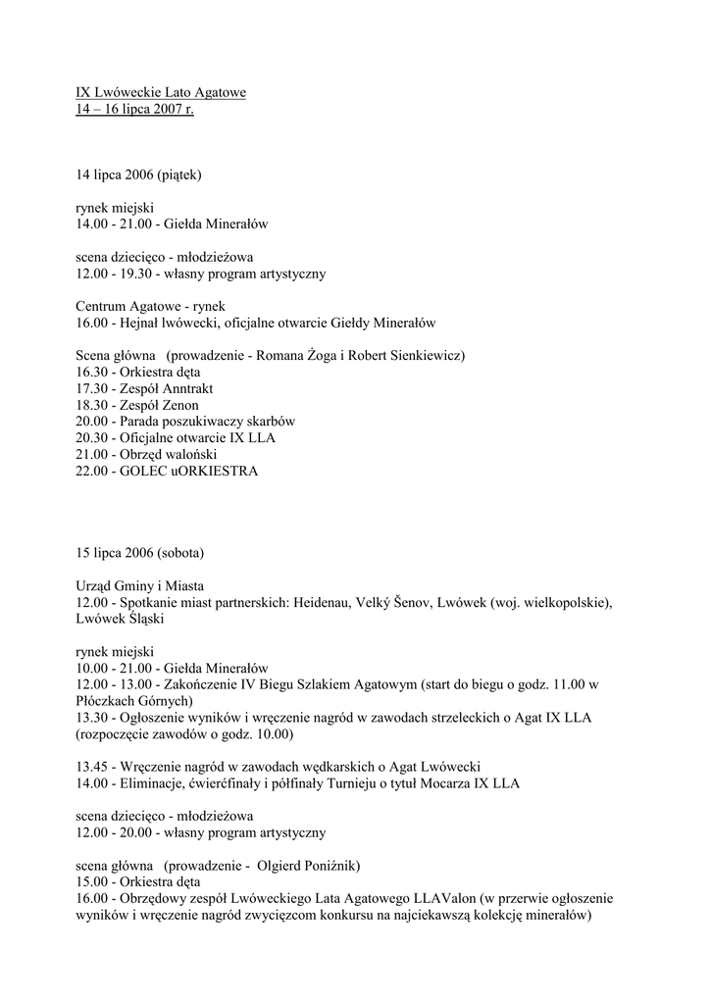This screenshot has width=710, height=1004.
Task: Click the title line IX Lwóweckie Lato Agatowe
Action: coord(161,93)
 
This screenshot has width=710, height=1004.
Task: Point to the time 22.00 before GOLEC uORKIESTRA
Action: coord(91,472)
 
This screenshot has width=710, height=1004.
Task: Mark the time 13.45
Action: coord(91,766)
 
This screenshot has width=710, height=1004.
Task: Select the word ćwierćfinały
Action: coord(231,782)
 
